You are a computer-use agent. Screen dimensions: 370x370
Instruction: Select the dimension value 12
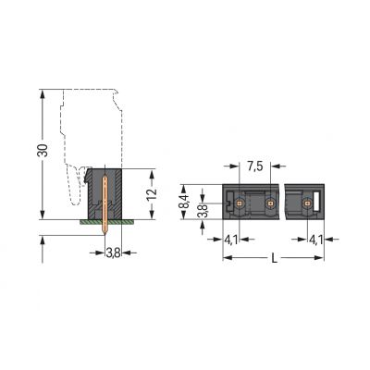point(152,193)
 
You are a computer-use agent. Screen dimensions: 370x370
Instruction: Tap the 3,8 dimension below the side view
point(111,251)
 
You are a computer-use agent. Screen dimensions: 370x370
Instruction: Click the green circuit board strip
point(105,221)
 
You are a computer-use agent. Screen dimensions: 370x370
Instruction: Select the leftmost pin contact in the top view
point(240,201)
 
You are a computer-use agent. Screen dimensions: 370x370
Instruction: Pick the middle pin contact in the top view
point(270,201)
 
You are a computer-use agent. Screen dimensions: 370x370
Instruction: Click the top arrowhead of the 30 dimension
point(43,92)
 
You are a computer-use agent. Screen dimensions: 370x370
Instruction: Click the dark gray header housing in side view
point(93,190)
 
